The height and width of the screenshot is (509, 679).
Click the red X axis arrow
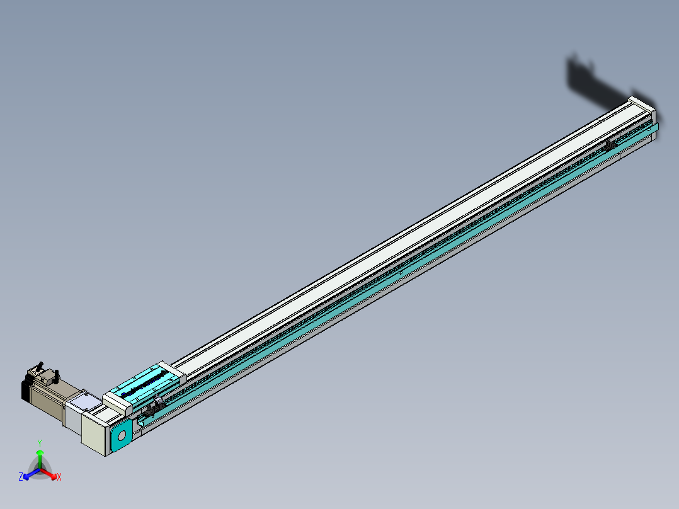pyautogui.click(x=50, y=474)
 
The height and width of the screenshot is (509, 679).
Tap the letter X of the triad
pyautogui.click(x=59, y=478)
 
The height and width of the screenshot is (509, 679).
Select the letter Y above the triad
pyautogui.click(x=40, y=443)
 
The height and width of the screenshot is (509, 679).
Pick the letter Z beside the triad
pyautogui.click(x=21, y=477)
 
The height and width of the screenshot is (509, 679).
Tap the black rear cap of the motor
pyautogui.click(x=26, y=389)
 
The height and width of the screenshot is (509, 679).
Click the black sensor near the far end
pyautogui.click(x=610, y=145)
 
